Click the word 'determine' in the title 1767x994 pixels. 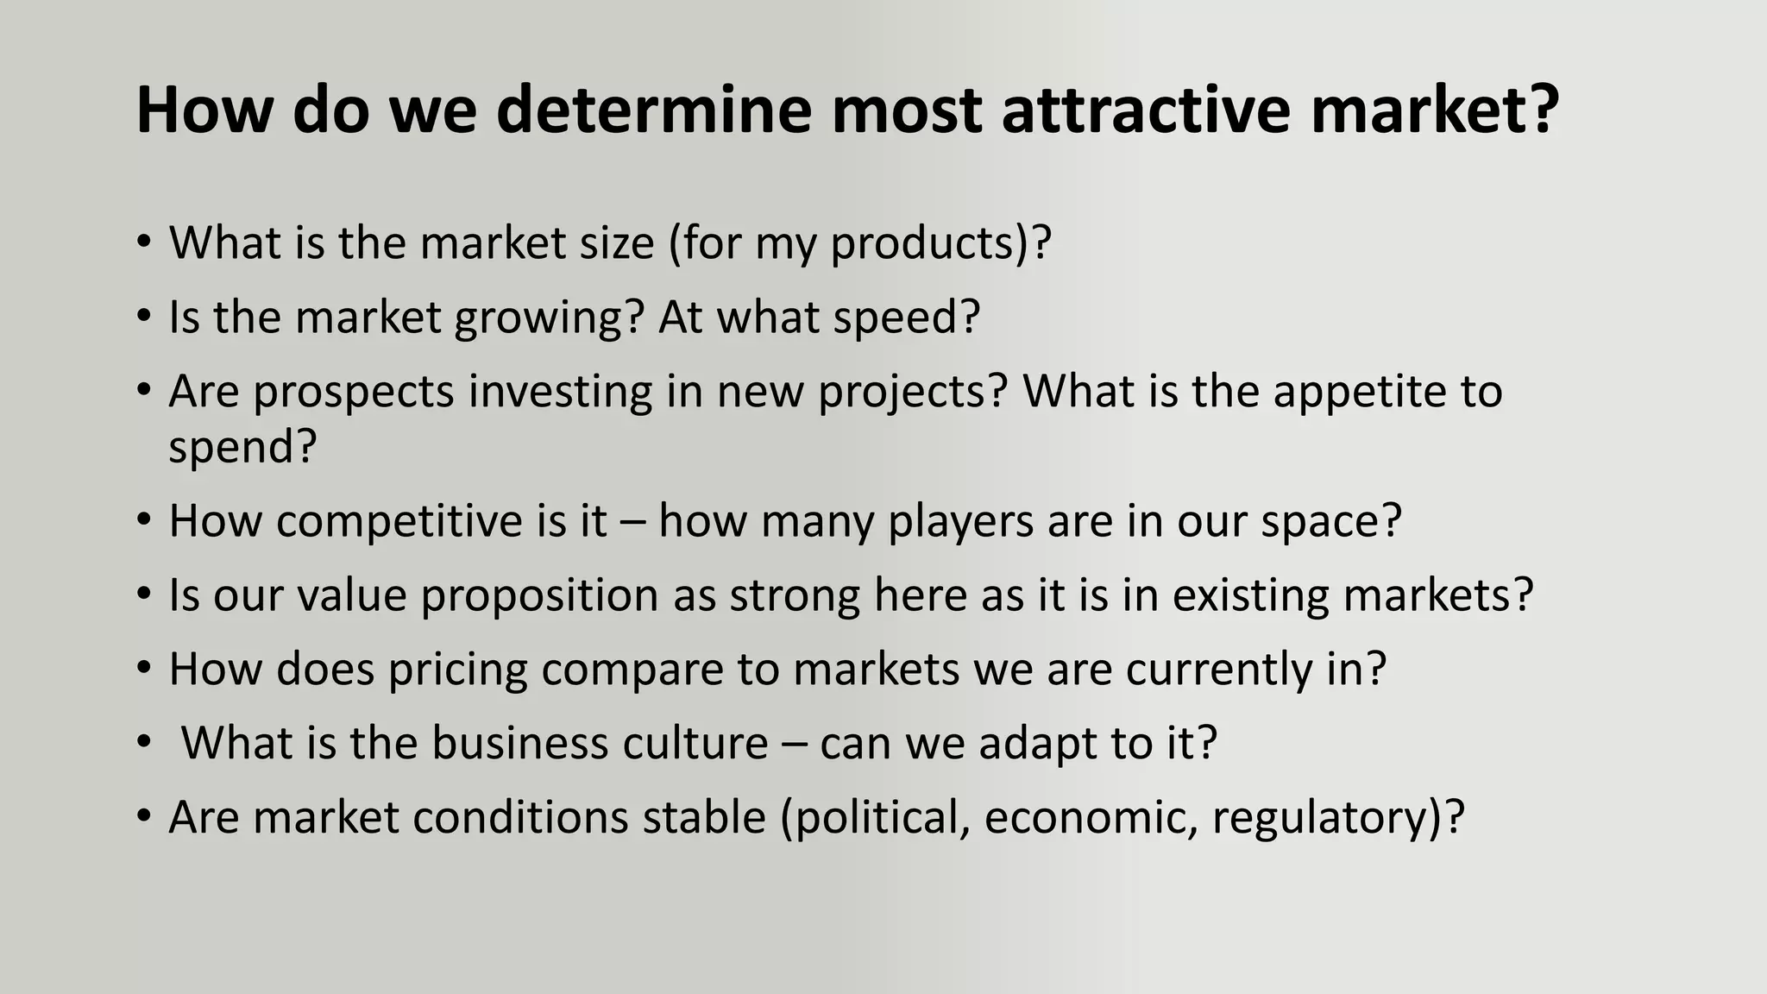click(x=653, y=110)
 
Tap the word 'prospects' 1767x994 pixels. click(x=354, y=393)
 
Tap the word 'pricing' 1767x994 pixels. click(x=457, y=670)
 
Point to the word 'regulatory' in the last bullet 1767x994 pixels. click(x=1320, y=818)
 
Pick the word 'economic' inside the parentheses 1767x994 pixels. click(x=1091, y=817)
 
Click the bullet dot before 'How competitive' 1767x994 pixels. click(x=144, y=521)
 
